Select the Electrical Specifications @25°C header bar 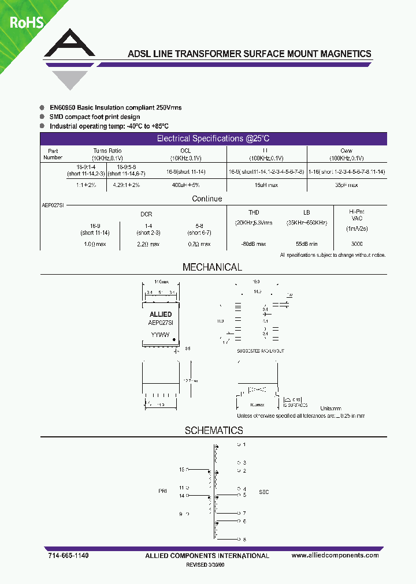click(x=213, y=138)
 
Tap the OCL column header click(x=185, y=151)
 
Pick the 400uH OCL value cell click(x=185, y=185)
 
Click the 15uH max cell click(x=266, y=185)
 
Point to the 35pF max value click(x=347, y=185)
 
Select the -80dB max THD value click(x=254, y=244)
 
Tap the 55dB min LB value click(x=306, y=244)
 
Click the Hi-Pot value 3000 click(x=357, y=244)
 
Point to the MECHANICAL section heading click(x=212, y=267)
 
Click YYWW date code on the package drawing click(x=160, y=334)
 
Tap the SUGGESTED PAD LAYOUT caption click(x=260, y=351)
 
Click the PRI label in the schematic click(x=162, y=491)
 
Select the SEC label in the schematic click(x=263, y=492)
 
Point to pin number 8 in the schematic click(x=244, y=540)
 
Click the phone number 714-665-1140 click(x=68, y=555)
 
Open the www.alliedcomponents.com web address click(x=335, y=555)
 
